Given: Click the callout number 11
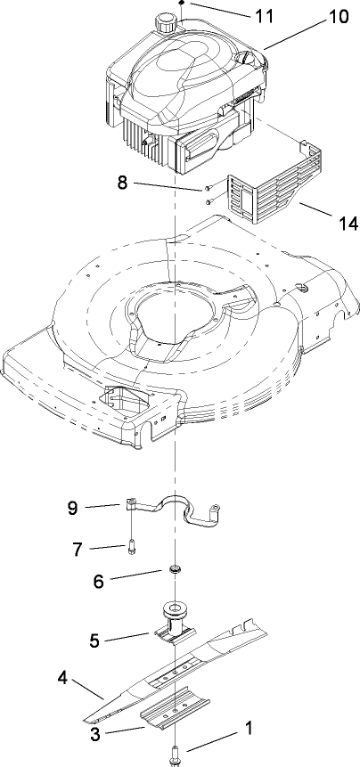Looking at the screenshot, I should click(x=265, y=16).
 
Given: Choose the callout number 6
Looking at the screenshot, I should click(x=99, y=580).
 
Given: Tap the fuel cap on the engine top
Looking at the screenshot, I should click(x=166, y=21).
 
